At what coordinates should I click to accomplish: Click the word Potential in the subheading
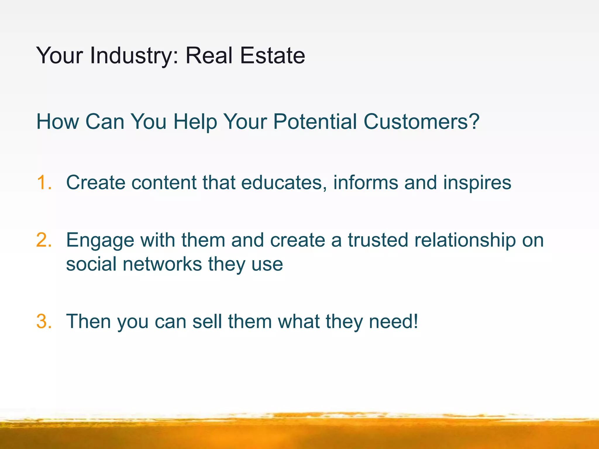(x=315, y=122)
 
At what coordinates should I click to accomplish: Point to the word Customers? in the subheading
(x=421, y=122)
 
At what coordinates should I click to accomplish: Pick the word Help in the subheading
(x=195, y=122)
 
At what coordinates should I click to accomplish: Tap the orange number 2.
(x=44, y=240)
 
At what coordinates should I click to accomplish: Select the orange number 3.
(x=44, y=322)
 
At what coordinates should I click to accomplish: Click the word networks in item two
(x=162, y=264)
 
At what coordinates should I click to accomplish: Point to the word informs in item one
(x=366, y=183)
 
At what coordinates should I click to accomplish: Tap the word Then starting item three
(x=88, y=322)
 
